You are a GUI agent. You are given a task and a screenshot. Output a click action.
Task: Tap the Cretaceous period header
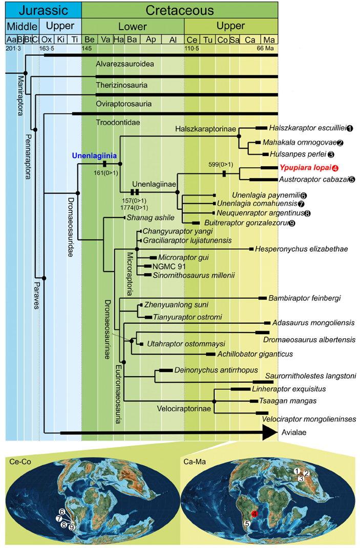click(179, 10)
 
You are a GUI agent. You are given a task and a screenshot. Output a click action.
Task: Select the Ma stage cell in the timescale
click(269, 39)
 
